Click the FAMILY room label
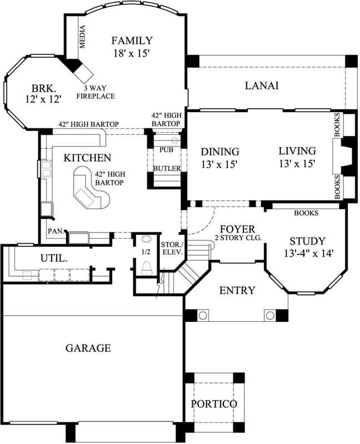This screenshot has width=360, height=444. click(131, 41)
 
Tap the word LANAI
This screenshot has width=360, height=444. click(261, 85)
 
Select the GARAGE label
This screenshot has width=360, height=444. click(88, 348)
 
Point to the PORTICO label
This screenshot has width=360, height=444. click(214, 403)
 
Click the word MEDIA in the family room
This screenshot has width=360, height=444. click(82, 38)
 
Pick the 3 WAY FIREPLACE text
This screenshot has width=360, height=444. click(99, 92)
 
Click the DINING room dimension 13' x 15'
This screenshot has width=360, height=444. click(219, 164)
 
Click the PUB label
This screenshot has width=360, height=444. click(166, 150)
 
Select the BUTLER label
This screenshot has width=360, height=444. click(166, 168)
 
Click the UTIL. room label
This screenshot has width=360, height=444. click(54, 258)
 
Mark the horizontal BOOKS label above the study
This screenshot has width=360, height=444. click(306, 212)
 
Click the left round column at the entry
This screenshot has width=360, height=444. click(203, 315)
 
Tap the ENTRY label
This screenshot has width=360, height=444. click(237, 290)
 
